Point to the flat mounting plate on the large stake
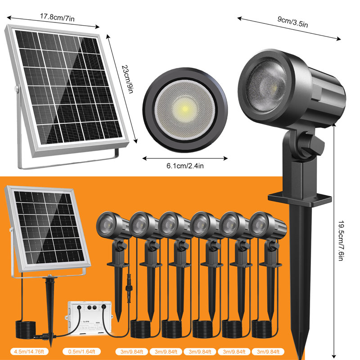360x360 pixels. (x=300, y=198)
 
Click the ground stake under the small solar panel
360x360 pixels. (x=49, y=310)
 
